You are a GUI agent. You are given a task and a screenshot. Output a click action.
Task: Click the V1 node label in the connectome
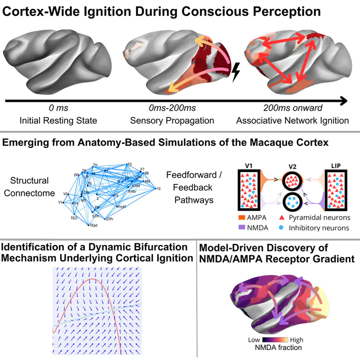[60, 202]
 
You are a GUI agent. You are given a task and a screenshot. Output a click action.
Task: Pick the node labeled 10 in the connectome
[158, 188]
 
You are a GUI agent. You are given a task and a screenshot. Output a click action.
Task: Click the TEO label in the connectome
[74, 218]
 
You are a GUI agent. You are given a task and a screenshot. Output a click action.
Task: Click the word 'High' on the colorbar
[296, 339]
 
